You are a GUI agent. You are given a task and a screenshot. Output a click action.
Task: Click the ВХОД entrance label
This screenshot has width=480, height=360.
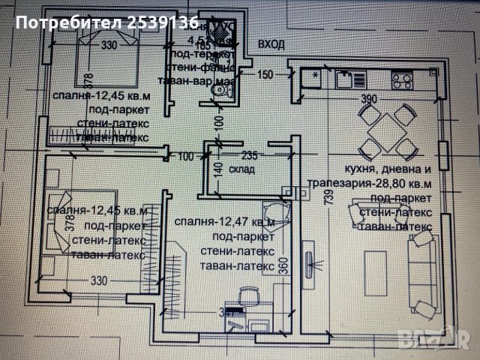(271, 45)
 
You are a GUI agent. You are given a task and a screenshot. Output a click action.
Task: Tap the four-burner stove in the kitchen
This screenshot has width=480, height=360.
(401, 76)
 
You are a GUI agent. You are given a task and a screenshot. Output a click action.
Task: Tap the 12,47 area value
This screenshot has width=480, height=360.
(236, 223)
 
